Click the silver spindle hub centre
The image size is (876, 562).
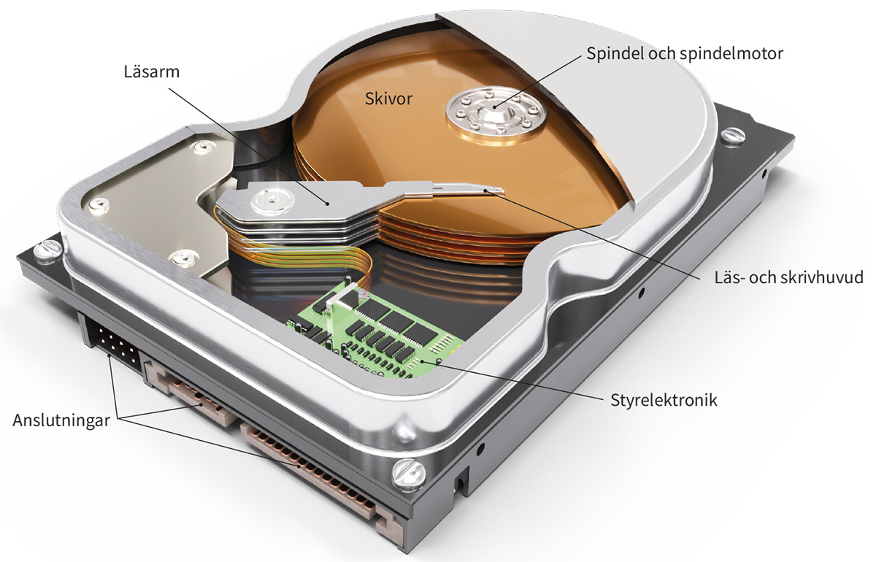(493, 109)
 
